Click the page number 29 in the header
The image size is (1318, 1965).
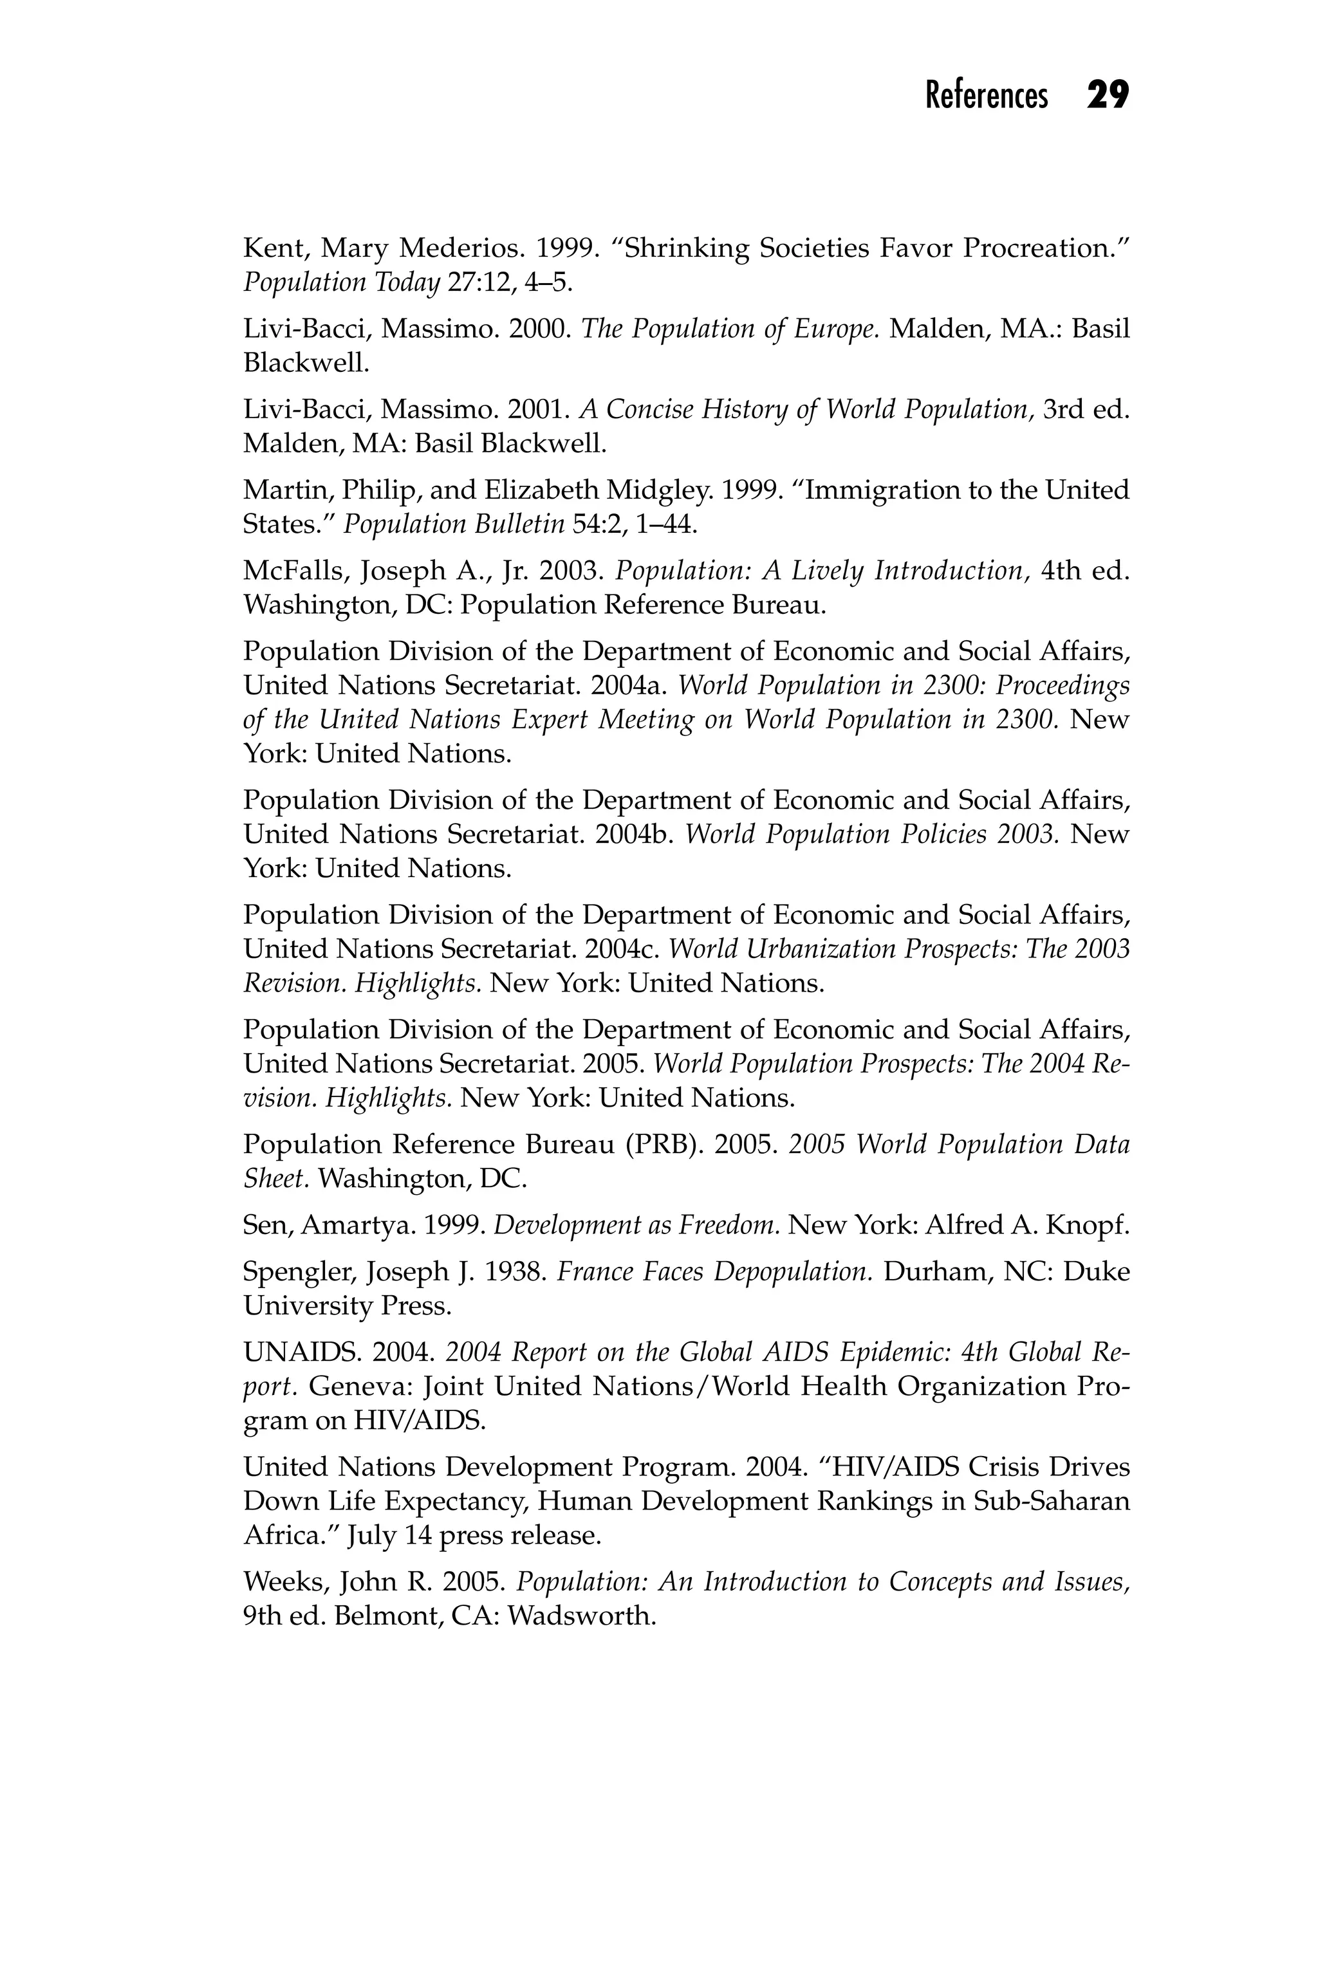(x=1107, y=95)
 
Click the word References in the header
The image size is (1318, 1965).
(x=986, y=96)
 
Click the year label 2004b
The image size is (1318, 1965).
(x=632, y=835)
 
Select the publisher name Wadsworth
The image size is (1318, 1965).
(x=581, y=1616)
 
